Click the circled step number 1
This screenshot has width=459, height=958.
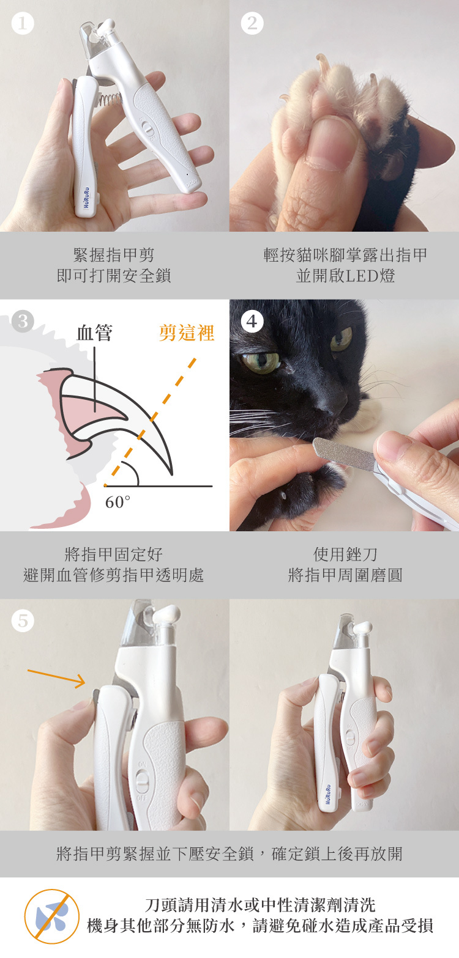click(x=23, y=23)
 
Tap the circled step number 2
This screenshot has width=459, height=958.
click(x=252, y=23)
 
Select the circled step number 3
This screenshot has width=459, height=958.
click(x=23, y=321)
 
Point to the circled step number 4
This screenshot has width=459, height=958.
click(x=252, y=321)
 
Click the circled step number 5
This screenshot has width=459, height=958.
click(x=23, y=621)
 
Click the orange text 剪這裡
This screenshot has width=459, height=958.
click(x=186, y=333)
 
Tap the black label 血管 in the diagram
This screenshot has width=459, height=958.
click(x=94, y=333)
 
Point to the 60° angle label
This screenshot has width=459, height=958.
click(x=118, y=502)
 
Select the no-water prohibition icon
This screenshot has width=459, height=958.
click(x=52, y=916)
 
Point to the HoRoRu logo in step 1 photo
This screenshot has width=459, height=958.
click(x=86, y=197)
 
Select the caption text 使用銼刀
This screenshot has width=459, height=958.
click(x=345, y=555)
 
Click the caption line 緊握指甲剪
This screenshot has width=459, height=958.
click(x=114, y=255)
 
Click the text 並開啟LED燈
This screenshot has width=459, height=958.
click(x=345, y=276)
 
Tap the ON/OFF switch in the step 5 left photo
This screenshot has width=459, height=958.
click(x=142, y=780)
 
